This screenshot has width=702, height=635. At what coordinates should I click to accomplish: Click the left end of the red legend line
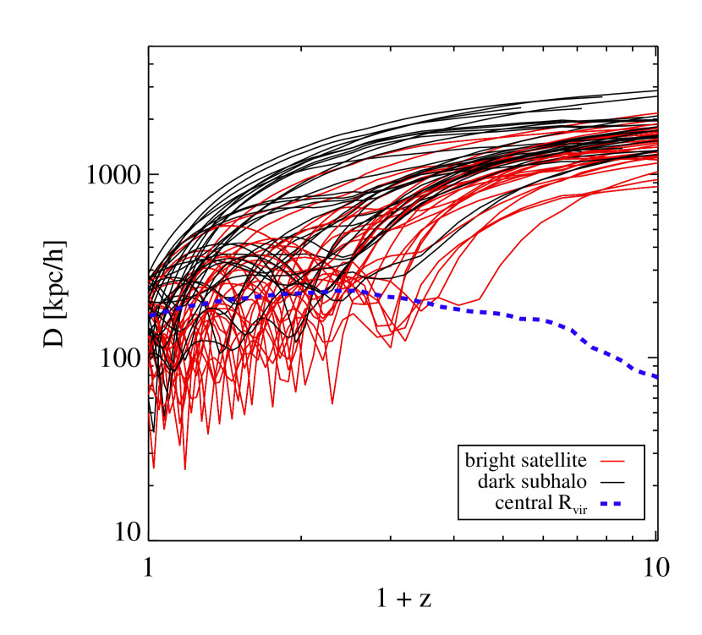coord(601,461)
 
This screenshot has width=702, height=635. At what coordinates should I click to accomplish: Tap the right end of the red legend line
coord(624,461)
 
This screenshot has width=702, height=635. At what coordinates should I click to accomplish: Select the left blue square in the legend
coord(604,503)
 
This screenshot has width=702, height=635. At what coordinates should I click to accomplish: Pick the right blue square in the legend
coord(617,503)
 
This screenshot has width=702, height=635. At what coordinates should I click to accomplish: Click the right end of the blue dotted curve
coord(656,377)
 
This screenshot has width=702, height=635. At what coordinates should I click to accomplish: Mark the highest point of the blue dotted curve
coord(351,290)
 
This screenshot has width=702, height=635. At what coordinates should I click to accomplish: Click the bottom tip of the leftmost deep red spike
coord(154,468)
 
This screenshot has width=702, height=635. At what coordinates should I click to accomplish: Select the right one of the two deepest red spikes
coord(185,468)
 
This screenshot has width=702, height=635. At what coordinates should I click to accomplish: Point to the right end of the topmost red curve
coord(657,112)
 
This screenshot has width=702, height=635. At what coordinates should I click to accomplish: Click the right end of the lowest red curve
coord(657,186)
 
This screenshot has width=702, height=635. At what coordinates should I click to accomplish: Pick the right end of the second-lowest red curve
coord(657,172)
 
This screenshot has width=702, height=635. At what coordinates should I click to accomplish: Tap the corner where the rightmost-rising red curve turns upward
coord(480,298)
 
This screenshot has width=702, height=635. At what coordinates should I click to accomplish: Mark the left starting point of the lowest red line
coord(149,413)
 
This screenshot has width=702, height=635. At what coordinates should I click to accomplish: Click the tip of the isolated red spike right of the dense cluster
coord(332,404)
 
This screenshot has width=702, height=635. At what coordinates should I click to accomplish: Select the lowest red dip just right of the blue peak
coord(391,347)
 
